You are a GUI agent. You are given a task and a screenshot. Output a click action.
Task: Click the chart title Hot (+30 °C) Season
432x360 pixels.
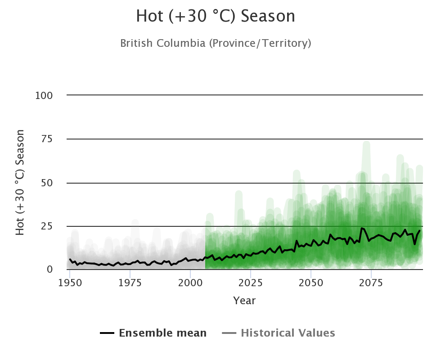[216, 16]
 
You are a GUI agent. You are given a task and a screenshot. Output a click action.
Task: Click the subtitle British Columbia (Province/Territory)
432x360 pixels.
[216, 43]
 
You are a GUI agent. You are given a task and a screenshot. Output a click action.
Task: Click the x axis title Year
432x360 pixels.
[244, 301]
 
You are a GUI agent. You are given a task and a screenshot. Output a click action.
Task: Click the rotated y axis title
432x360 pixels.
[20, 182]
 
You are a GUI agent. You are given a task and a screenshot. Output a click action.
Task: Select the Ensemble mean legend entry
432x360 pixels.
[163, 333]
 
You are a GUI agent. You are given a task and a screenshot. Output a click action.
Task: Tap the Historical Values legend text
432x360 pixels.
[288, 333]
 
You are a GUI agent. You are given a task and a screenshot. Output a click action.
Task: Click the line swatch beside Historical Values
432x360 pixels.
[229, 333]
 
